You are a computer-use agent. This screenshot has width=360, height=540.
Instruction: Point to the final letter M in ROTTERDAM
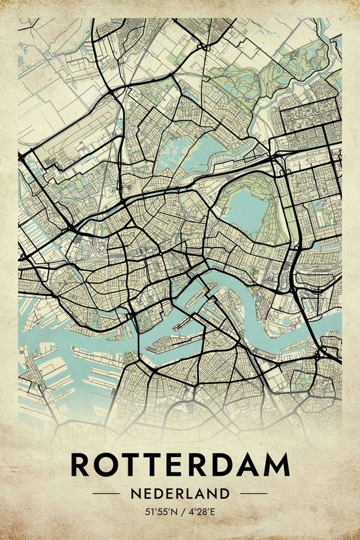click(x=278, y=464)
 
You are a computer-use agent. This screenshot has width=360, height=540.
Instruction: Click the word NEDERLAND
click(x=180, y=493)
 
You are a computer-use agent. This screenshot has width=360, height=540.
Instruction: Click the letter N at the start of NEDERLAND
click(x=134, y=493)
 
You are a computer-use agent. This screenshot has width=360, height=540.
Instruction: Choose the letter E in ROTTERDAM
click(x=177, y=464)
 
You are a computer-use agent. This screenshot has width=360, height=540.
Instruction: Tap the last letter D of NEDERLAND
click(x=225, y=493)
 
